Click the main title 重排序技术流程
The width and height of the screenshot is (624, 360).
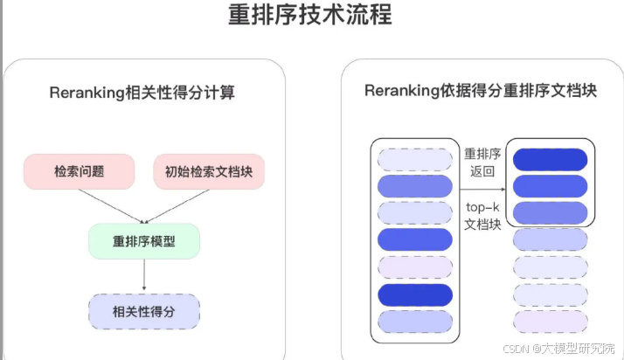coord(310,15)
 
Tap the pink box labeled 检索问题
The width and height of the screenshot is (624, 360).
coord(79,171)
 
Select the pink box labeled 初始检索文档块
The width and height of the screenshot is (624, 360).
coord(209,171)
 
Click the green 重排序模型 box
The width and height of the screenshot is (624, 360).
coord(144,240)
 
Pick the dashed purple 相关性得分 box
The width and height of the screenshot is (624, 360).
coord(144,310)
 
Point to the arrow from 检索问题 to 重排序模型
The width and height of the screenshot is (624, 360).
coord(104,205)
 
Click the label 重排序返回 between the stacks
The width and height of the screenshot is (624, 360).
coord(483,163)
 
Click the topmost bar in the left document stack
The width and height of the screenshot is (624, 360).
coord(415,158)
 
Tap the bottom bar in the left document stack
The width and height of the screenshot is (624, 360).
coord(415,322)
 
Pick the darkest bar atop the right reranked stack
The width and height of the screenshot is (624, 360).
coord(550,159)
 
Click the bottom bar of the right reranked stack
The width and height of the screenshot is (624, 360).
coord(550,322)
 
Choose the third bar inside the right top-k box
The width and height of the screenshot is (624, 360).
coord(550,212)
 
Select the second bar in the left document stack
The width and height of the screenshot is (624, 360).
coord(415,185)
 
